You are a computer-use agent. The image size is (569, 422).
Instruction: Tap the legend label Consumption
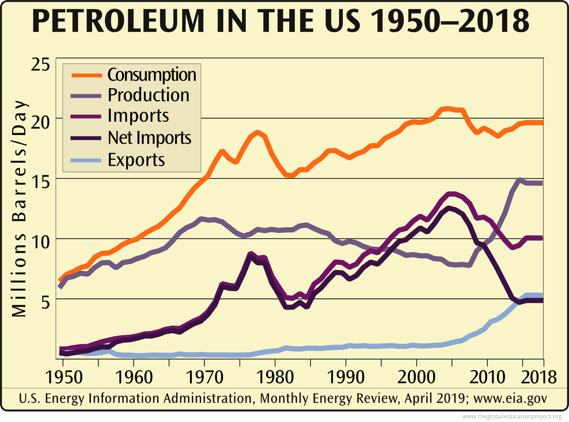click(151, 75)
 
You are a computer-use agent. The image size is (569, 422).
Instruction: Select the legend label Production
click(148, 95)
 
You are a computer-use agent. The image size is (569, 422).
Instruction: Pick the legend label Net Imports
click(149, 138)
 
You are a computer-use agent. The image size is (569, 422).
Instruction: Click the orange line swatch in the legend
click(86, 75)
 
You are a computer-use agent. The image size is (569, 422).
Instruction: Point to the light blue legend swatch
click(86, 160)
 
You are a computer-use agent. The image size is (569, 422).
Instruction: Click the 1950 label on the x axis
click(63, 377)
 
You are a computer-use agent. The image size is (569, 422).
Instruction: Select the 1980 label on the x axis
click(275, 377)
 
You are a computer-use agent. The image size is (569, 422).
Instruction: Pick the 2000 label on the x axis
click(416, 377)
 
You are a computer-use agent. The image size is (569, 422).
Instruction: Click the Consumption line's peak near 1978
click(257, 133)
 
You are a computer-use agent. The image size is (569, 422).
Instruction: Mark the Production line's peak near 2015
click(519, 180)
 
